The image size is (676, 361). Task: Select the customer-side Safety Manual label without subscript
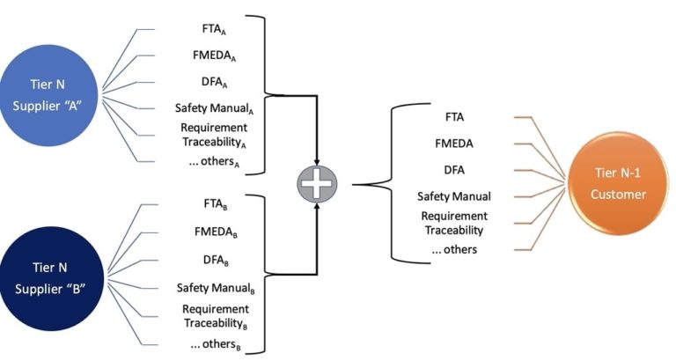click(454, 196)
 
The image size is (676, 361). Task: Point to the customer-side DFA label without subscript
click(454, 169)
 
